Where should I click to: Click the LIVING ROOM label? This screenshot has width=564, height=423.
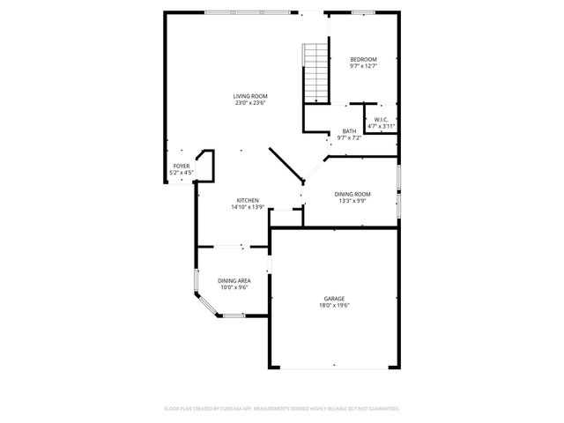pyautogui.click(x=250, y=96)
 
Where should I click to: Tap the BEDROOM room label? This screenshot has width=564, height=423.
pyautogui.click(x=363, y=59)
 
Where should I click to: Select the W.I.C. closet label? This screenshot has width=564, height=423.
pyautogui.click(x=381, y=120)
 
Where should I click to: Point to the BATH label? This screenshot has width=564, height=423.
pyautogui.click(x=350, y=131)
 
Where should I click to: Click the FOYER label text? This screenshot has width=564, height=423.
pyautogui.click(x=182, y=166)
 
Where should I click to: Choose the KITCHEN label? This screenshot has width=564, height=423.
pyautogui.click(x=247, y=200)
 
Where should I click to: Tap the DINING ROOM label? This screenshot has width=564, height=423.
pyautogui.click(x=352, y=194)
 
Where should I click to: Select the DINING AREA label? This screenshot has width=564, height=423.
pyautogui.click(x=234, y=280)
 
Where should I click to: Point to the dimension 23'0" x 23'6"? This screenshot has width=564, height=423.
pyautogui.click(x=250, y=103)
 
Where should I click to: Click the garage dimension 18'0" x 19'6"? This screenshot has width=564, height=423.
pyautogui.click(x=334, y=306)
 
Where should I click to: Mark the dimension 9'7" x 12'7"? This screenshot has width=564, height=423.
pyautogui.click(x=363, y=66)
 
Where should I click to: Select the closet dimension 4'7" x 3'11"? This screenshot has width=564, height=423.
pyautogui.click(x=381, y=127)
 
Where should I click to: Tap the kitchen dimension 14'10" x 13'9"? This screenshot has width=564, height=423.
pyautogui.click(x=248, y=207)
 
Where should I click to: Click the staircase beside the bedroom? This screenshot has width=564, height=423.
pyautogui.click(x=315, y=72)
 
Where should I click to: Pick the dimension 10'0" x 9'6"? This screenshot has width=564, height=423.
pyautogui.click(x=234, y=287)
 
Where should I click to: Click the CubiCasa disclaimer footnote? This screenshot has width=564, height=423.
pyautogui.click(x=282, y=409)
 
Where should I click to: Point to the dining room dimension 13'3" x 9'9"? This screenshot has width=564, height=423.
pyautogui.click(x=352, y=201)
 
